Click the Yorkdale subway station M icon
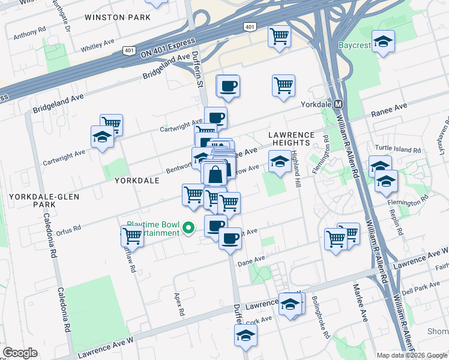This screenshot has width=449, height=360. [x=338, y=103]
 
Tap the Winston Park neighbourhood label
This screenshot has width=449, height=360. [x=118, y=17]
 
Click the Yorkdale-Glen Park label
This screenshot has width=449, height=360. [x=32, y=200]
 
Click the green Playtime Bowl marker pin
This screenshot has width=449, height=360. [x=188, y=227]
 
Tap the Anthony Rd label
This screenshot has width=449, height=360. [x=29, y=31]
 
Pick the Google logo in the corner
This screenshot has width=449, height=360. [x=19, y=353]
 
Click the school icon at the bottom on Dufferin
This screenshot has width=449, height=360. [x=245, y=335]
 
